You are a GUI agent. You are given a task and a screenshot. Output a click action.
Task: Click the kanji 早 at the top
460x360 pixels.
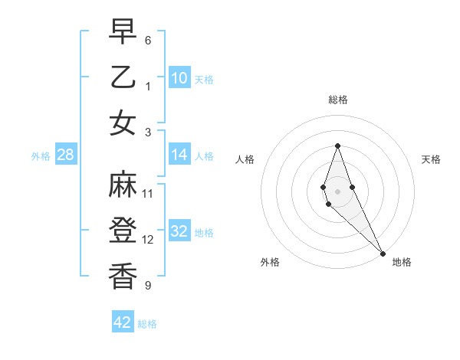pyautogui.click(x=123, y=32)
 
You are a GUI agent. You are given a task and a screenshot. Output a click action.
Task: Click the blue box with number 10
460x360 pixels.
pyautogui.click(x=179, y=77)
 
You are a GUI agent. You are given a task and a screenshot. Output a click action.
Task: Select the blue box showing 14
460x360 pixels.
pyautogui.click(x=179, y=155)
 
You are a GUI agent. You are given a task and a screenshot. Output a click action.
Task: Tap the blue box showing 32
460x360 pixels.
pyautogui.click(x=179, y=231)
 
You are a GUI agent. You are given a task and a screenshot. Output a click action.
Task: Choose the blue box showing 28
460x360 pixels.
pyautogui.click(x=66, y=155)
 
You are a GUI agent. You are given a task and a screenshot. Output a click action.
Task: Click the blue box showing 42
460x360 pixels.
pyautogui.click(x=123, y=322)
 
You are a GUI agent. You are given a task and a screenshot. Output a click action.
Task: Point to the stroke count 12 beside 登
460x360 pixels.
pyautogui.click(x=148, y=240)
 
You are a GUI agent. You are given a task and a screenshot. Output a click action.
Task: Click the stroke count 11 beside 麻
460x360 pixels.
pyautogui.click(x=148, y=193)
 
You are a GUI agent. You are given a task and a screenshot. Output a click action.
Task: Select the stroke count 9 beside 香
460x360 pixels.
pyautogui.click(x=148, y=286)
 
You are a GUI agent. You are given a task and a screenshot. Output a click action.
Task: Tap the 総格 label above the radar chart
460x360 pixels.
pyautogui.click(x=337, y=100)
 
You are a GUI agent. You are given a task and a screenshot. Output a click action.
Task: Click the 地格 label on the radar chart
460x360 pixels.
pyautogui.click(x=402, y=262)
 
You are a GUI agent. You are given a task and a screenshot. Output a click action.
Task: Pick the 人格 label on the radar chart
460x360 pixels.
pyautogui.click(x=245, y=159)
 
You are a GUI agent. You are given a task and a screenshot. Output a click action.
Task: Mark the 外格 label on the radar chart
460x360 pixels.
pyautogui.click(x=270, y=262)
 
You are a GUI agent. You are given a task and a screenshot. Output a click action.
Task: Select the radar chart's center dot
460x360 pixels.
pyautogui.click(x=337, y=191)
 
